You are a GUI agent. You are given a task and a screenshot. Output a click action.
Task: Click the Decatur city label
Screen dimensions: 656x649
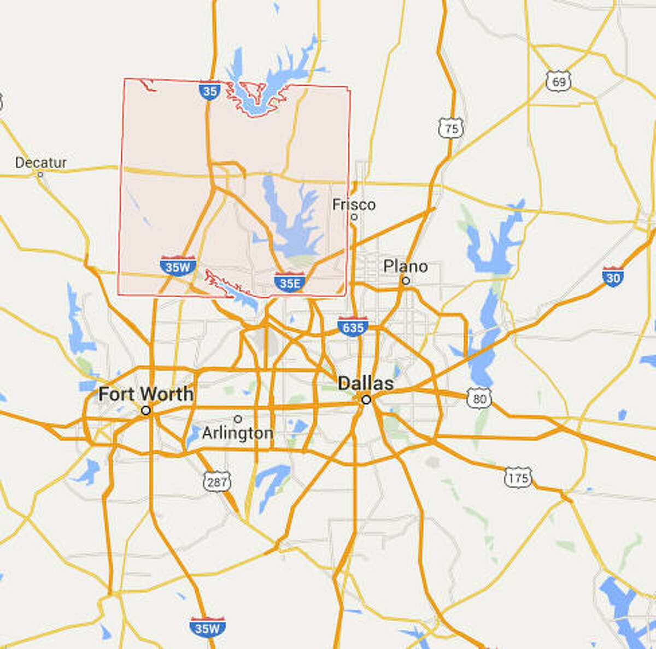pos(41,162)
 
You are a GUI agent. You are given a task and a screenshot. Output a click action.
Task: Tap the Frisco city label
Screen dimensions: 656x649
pos(354,204)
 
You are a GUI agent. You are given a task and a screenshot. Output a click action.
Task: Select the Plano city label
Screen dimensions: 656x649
pos(406,266)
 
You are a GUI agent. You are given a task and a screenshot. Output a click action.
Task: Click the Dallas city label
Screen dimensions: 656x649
pos(366,383)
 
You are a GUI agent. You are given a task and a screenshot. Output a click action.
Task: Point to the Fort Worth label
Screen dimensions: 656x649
pos(146,393)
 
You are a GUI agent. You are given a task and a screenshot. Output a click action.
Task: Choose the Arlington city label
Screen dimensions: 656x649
pos(238,433)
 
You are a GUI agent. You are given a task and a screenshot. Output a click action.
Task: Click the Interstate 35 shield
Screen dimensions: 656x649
pos(209,91)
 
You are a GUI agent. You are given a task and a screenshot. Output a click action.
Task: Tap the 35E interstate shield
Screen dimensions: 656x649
pos(290,282)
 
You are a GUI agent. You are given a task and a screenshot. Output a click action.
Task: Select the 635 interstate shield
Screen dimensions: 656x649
pos(353,327)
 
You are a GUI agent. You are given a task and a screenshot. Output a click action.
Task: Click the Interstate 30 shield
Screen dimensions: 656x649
pos(613,276)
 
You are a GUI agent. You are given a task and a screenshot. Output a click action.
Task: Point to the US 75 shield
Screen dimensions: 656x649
pos(451,128)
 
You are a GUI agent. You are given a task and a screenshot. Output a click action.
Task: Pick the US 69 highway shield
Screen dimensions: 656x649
pos(558,81)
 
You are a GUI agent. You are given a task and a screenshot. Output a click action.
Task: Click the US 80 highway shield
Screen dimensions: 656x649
pos(479,398)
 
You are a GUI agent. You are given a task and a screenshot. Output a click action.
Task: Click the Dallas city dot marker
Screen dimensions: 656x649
pos(366,399)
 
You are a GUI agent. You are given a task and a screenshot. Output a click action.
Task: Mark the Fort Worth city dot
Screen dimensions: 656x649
pos(146,410)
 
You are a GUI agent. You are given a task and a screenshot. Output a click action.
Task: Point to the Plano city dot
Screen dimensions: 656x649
pos(406,281)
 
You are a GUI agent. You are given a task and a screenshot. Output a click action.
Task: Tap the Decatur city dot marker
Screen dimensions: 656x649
pos(40,174)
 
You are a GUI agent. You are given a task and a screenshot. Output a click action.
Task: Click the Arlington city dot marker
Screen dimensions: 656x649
pos(238,419)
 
